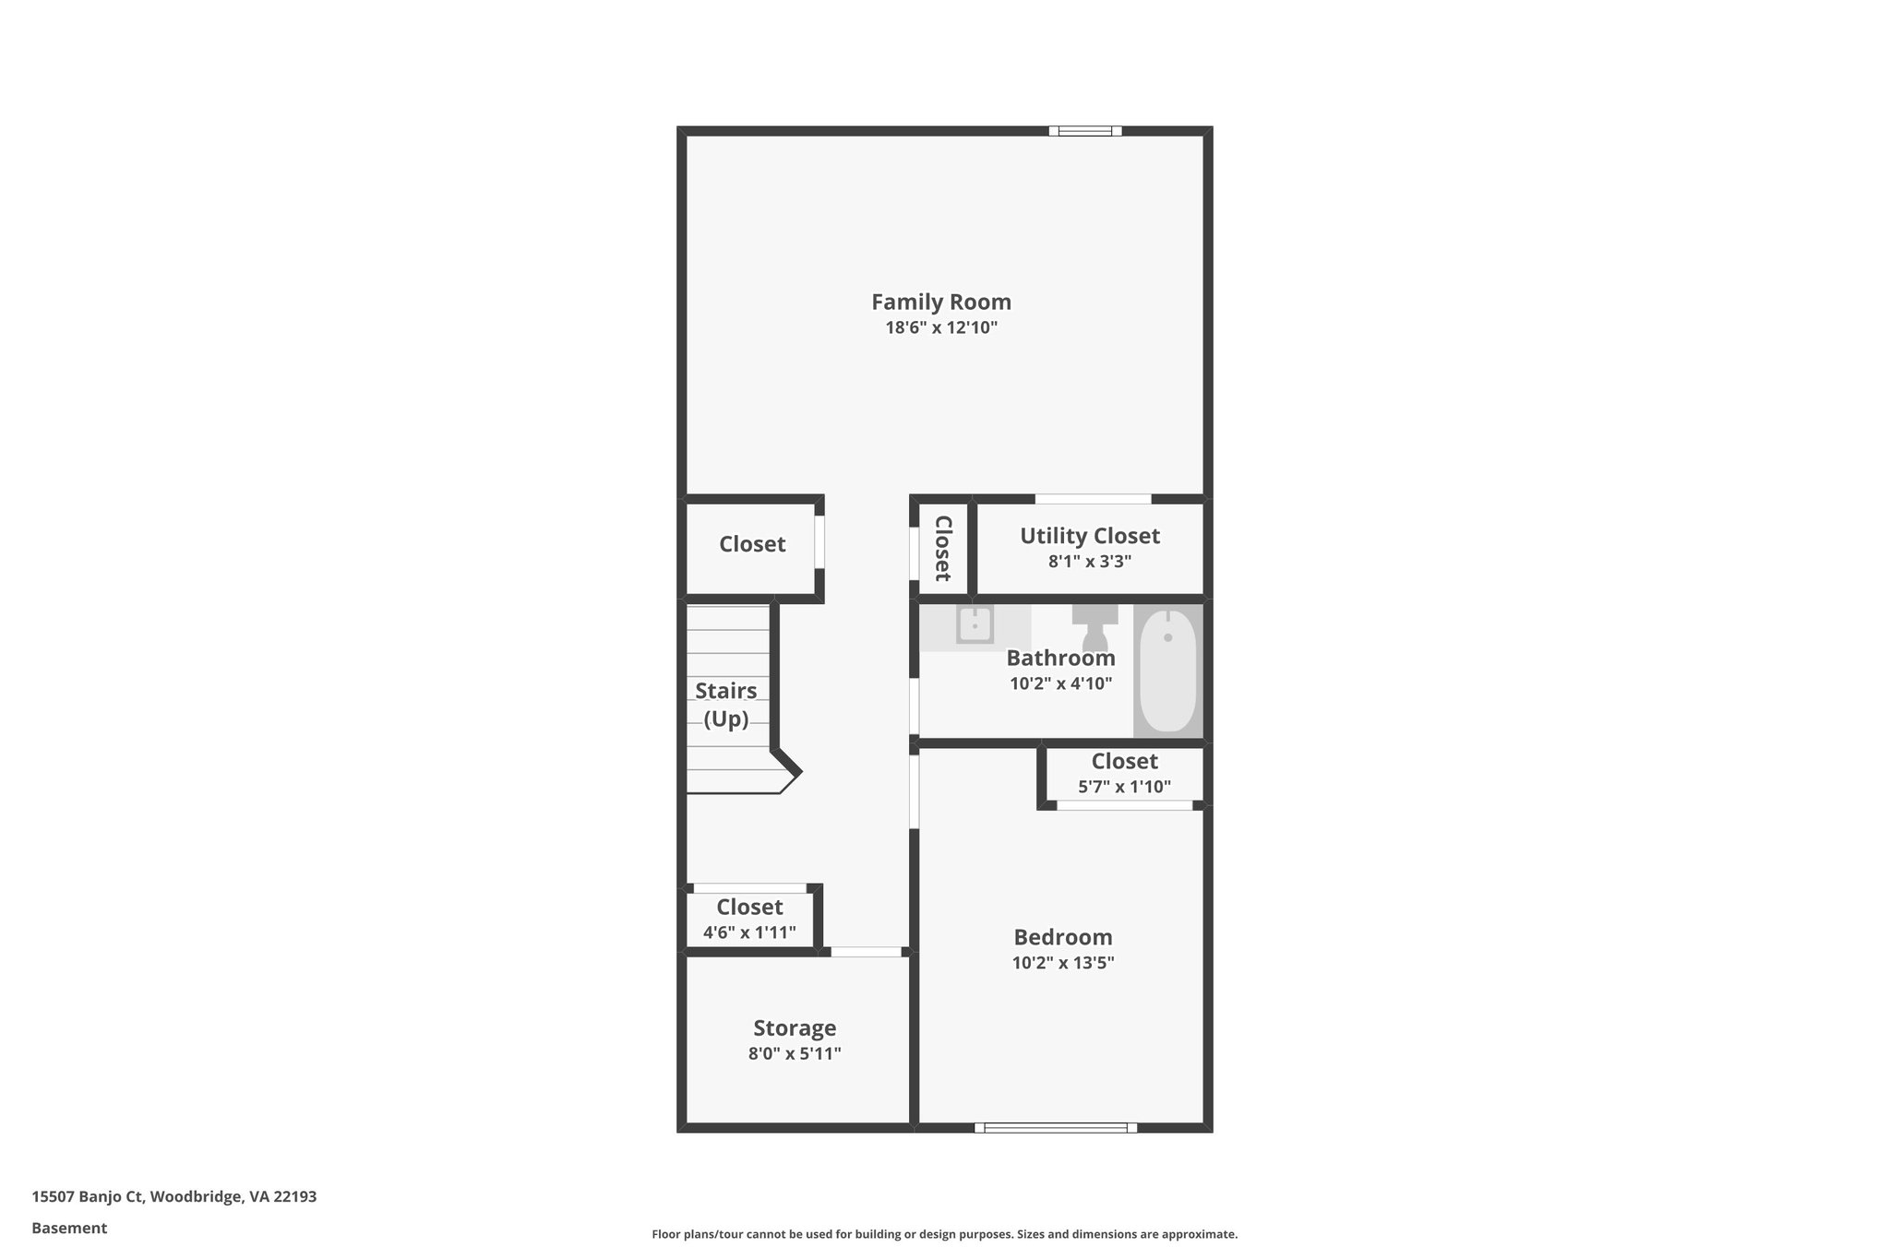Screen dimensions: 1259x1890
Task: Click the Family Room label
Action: coord(941,302)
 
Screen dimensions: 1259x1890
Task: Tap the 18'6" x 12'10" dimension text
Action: coord(941,327)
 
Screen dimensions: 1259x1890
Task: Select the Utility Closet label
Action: coord(1089,536)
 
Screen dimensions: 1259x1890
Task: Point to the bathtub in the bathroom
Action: coord(1167,671)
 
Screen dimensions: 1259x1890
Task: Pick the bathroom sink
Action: coord(974,625)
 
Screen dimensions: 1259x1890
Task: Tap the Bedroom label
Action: coord(1063,937)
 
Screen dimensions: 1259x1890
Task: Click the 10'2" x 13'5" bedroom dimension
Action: coord(1063,963)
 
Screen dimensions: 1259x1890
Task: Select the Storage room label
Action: coord(795,1027)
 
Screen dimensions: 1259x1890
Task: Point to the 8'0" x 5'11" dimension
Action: coord(795,1053)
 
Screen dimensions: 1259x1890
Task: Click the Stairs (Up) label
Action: coord(726,705)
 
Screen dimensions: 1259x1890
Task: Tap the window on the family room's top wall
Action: coord(1085,131)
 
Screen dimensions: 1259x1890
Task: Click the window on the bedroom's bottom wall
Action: coord(1056,1127)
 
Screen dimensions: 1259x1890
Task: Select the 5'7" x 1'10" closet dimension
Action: coord(1124,787)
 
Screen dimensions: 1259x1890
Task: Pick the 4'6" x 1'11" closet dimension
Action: coord(749,932)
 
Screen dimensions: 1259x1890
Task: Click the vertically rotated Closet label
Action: coord(943,548)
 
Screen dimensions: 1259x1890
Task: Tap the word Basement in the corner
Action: coord(69,1228)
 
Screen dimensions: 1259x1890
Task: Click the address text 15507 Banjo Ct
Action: coord(89,1196)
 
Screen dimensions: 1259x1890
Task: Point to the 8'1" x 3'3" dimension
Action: coord(1089,561)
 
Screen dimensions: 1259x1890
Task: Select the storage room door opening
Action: coord(866,952)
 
